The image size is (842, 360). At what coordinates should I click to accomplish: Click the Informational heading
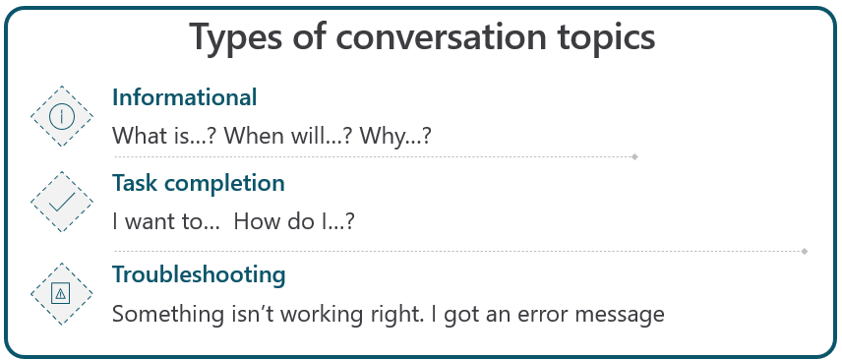(x=185, y=97)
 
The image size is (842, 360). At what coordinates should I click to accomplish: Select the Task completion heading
(x=199, y=183)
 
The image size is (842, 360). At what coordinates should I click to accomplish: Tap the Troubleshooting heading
(x=199, y=273)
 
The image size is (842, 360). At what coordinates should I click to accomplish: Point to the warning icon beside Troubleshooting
(x=63, y=293)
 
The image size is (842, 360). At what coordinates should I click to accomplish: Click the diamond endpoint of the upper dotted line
(x=635, y=156)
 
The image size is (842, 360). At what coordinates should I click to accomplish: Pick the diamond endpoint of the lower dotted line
(x=806, y=252)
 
